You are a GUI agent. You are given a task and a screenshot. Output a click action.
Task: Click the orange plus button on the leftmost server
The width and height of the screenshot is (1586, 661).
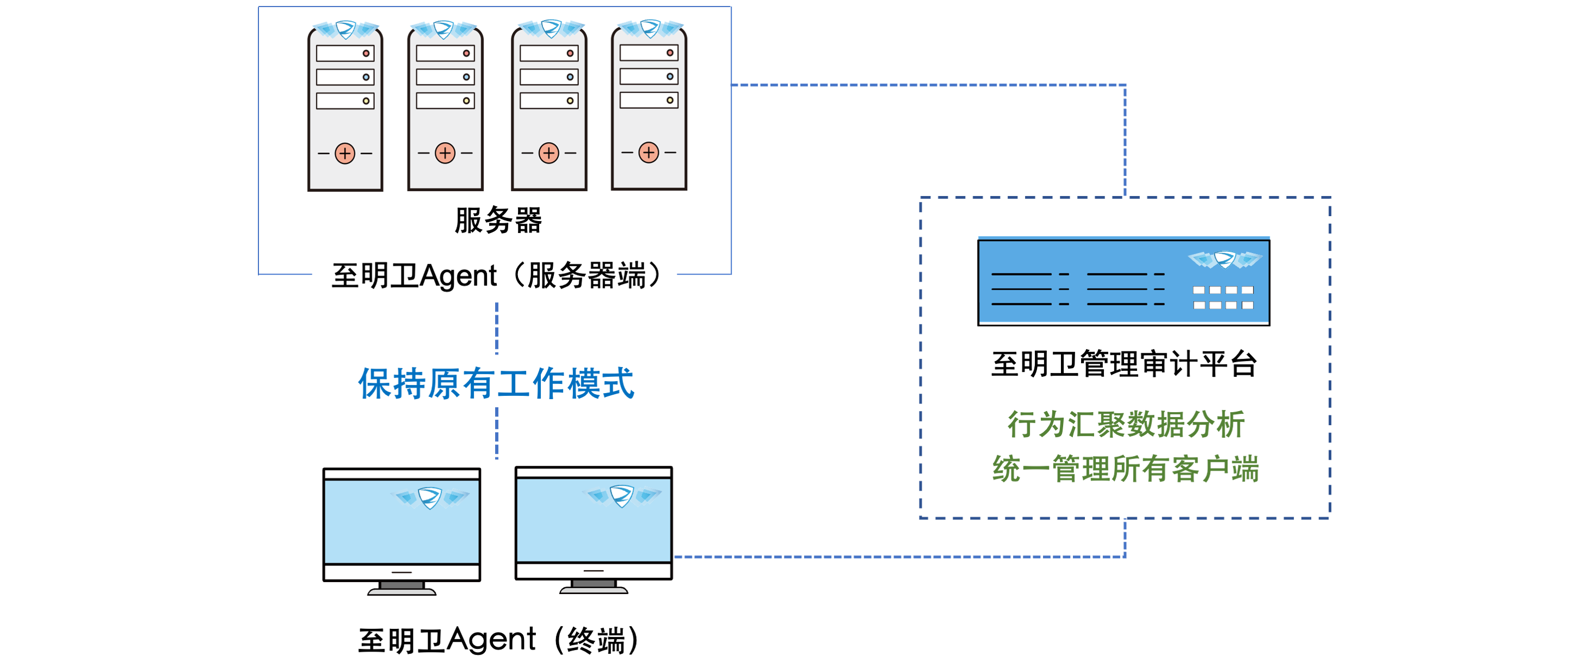click(345, 154)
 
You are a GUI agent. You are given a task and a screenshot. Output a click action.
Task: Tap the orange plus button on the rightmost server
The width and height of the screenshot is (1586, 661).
click(649, 152)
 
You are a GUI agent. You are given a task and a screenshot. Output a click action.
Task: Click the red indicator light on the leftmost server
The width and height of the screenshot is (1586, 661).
click(366, 53)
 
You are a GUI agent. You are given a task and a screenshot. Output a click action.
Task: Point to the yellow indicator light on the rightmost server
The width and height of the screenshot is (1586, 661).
click(670, 100)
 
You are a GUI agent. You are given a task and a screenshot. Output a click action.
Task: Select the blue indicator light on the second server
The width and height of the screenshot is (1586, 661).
click(466, 77)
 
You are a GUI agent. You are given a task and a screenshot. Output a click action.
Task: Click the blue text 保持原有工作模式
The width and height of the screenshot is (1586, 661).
click(496, 384)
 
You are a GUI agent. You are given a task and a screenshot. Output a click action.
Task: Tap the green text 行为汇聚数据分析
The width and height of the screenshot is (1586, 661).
click(1126, 425)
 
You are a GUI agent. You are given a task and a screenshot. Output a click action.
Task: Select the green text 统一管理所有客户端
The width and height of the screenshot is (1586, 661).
click(1126, 469)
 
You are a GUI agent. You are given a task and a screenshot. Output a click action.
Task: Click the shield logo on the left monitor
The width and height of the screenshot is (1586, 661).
click(430, 497)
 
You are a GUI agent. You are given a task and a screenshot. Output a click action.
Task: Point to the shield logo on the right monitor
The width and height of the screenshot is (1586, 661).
click(622, 495)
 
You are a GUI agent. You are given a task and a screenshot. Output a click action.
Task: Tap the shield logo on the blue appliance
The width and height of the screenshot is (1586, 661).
click(1225, 259)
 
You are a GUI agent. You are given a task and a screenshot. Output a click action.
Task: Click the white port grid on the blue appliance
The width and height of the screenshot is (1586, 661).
click(1223, 297)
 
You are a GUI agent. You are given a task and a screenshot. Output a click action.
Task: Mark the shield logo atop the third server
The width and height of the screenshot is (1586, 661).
click(551, 28)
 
